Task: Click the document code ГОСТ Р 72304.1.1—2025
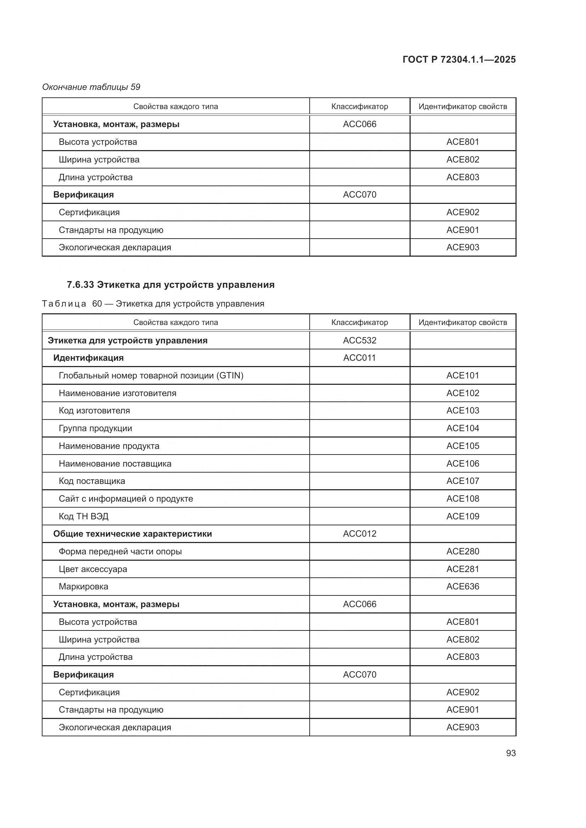(458, 59)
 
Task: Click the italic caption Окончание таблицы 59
(91, 87)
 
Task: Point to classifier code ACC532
(359, 340)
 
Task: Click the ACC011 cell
(359, 358)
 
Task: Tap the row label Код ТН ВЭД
(83, 516)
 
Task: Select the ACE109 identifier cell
(463, 516)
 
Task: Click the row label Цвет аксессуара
(93, 569)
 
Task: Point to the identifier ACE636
(463, 586)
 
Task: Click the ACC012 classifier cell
(359, 534)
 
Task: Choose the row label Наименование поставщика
(115, 463)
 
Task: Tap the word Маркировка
(83, 586)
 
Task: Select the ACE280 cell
(463, 552)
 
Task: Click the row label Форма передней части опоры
(120, 552)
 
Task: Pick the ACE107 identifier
(463, 481)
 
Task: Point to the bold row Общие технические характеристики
(133, 534)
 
